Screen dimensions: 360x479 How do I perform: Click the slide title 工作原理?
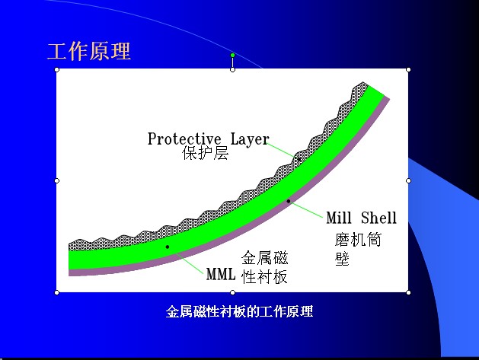[89, 51]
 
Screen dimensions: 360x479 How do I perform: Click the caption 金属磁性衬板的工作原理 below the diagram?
[240, 311]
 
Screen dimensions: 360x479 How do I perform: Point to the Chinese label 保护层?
[206, 154]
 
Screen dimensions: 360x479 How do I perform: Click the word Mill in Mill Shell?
[340, 218]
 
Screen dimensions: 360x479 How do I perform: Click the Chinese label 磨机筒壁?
[356, 249]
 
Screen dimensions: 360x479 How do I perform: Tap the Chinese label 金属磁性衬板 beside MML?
[265, 267]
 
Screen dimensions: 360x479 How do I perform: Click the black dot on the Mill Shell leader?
[289, 201]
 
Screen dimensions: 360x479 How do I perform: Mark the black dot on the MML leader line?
[167, 247]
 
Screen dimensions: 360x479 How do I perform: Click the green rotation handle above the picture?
[232, 55]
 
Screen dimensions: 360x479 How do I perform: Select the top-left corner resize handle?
[57, 69]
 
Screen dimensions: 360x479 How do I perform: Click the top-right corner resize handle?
[408, 69]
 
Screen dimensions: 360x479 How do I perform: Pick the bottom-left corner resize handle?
[57, 292]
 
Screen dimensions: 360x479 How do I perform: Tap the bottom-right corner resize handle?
[408, 292]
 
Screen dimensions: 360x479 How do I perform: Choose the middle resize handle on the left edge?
[57, 180]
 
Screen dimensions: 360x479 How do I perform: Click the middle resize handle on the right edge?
[408, 180]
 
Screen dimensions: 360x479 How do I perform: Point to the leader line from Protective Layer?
[283, 150]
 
